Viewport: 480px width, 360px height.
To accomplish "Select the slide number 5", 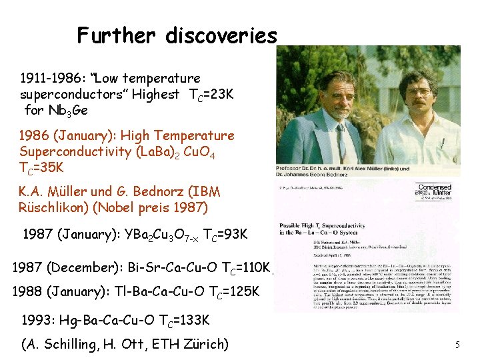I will pos(457,345).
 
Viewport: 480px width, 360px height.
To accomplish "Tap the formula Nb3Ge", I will pos(65,110).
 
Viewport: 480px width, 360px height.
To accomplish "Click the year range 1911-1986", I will pos(51,79).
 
